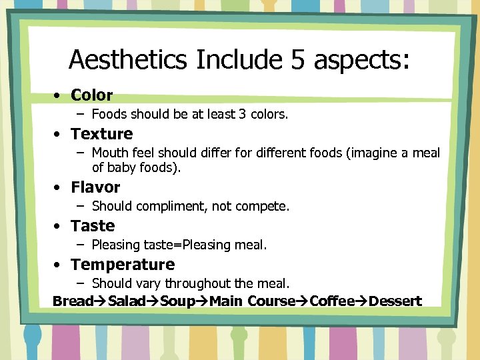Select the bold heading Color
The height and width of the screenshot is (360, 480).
tap(92, 95)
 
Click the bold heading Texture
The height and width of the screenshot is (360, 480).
tap(102, 134)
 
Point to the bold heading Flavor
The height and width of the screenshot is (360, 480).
tap(95, 187)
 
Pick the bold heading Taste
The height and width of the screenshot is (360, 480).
tap(93, 226)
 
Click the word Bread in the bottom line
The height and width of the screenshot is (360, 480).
tap(73, 301)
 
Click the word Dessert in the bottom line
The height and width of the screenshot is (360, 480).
tap(395, 301)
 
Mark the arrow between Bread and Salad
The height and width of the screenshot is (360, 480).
tap(101, 301)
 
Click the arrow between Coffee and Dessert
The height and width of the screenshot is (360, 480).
tap(362, 301)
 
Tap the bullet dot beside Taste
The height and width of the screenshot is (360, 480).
tap(59, 227)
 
